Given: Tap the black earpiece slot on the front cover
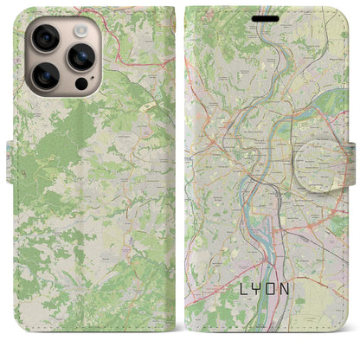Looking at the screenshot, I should tap(266, 17).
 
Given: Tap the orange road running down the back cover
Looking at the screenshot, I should tap(130, 260).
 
